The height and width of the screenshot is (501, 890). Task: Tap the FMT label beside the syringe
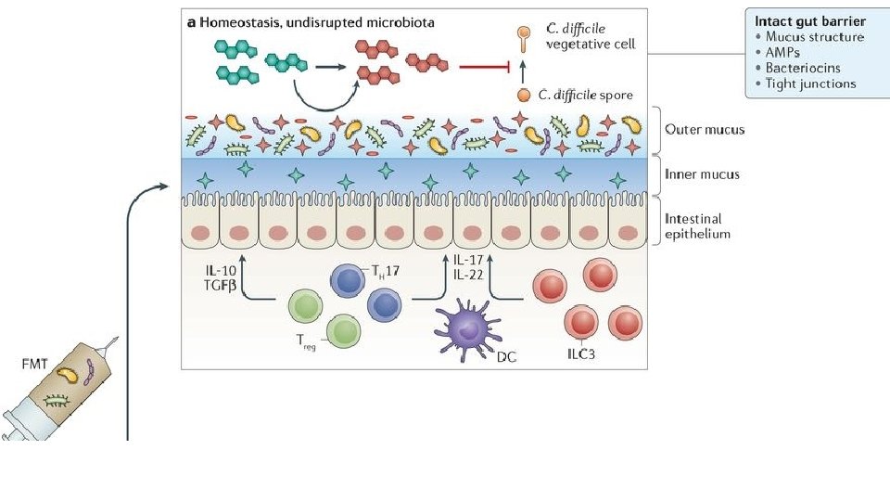pyautogui.click(x=35, y=365)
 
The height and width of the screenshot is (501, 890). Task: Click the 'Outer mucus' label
pyautogui.click(x=705, y=129)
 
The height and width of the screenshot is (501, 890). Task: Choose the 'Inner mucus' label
pyautogui.click(x=703, y=173)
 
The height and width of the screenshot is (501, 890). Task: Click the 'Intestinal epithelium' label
pyautogui.click(x=698, y=226)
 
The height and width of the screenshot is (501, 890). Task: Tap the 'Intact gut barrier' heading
pyautogui.click(x=810, y=20)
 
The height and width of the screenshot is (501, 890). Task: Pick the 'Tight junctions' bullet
pyautogui.click(x=811, y=83)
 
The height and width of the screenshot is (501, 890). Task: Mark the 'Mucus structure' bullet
pyautogui.click(x=815, y=37)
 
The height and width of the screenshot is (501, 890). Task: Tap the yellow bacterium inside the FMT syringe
pyautogui.click(x=69, y=375)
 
